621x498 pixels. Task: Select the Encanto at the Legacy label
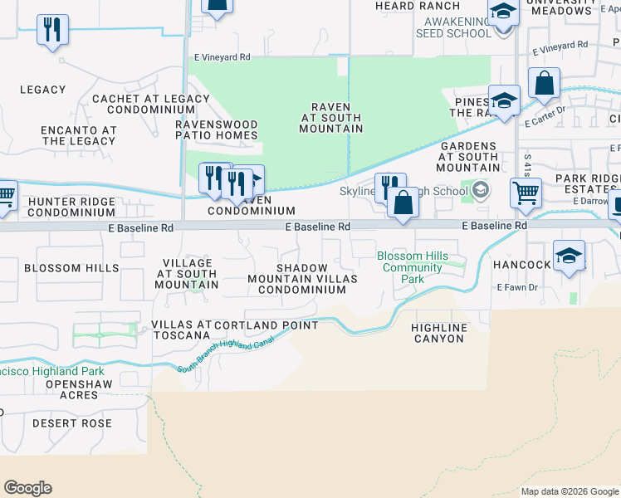[79, 135]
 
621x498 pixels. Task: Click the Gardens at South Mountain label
[468, 157]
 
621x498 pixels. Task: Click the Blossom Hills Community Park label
[413, 268]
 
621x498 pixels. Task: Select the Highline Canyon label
[439, 333]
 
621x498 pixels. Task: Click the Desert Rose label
[71, 423]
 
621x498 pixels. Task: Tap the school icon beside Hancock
[569, 256]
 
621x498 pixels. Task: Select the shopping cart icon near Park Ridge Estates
[526, 193]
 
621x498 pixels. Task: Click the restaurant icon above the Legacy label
[53, 30]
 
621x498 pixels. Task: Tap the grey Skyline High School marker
[480, 192]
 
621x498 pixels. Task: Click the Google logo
[27, 488]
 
